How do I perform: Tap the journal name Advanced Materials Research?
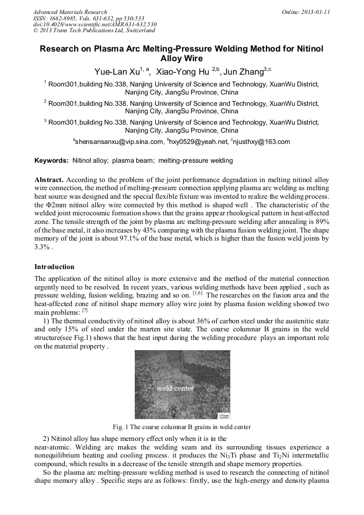[70, 12]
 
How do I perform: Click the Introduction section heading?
[54, 267]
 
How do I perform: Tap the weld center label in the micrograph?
[175, 388]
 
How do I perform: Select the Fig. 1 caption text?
[181, 427]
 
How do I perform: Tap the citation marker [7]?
[85, 310]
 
